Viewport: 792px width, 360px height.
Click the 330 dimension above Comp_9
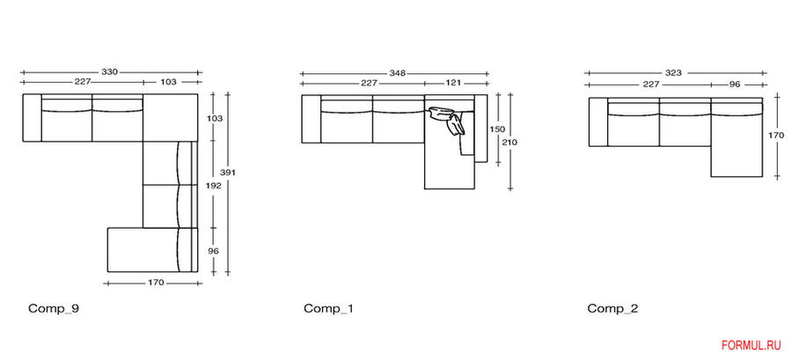[110, 71]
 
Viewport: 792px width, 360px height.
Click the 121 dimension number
[453, 84]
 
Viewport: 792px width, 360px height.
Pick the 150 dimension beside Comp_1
[497, 129]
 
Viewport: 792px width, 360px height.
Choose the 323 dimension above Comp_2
[673, 73]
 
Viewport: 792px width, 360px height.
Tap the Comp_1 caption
[328, 308]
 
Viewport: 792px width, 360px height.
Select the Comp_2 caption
[613, 308]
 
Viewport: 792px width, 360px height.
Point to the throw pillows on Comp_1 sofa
[450, 121]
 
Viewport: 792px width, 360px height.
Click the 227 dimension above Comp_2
[650, 84]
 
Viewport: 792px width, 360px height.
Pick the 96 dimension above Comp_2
[735, 84]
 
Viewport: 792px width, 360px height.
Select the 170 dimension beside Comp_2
[775, 136]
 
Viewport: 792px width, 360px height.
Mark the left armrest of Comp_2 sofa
[597, 122]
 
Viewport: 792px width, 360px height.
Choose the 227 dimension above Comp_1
[370, 84]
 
